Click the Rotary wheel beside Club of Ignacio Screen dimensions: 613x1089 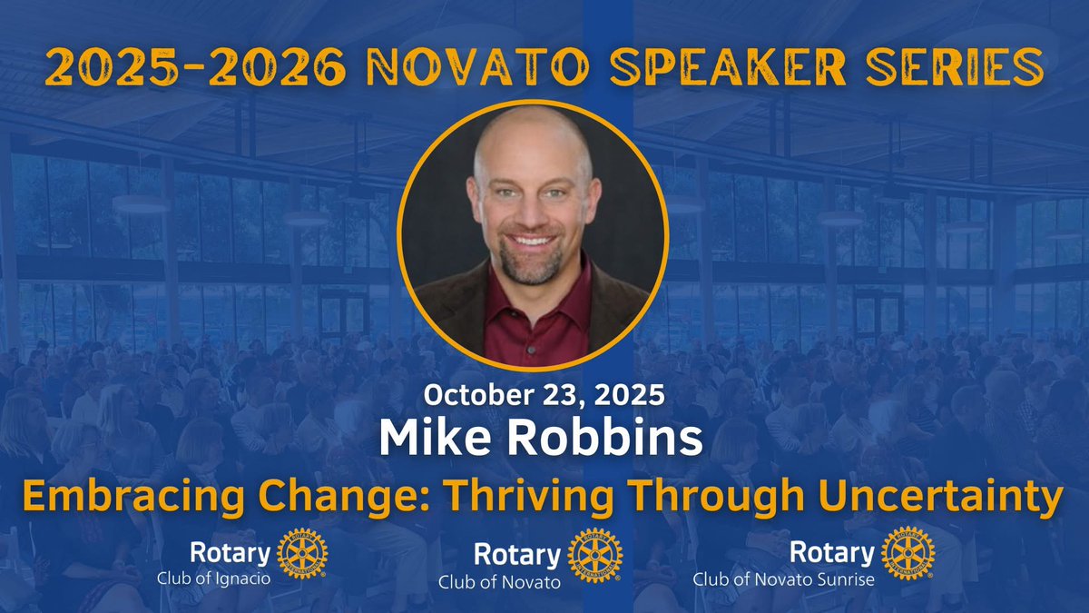301,553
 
